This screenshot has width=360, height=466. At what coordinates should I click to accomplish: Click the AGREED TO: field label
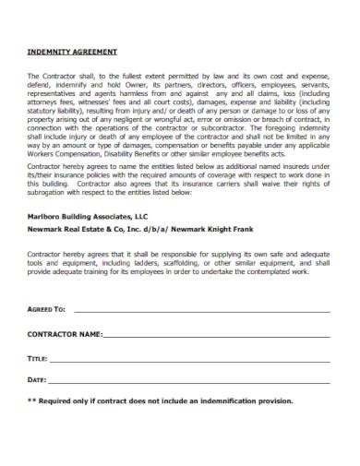(x=46, y=310)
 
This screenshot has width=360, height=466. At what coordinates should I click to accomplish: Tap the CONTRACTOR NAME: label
(x=64, y=332)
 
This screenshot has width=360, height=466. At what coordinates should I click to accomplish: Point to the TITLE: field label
(x=37, y=356)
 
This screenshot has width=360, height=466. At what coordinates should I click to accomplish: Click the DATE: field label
(x=37, y=379)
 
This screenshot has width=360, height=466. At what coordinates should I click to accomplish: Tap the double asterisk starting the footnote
(x=31, y=401)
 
